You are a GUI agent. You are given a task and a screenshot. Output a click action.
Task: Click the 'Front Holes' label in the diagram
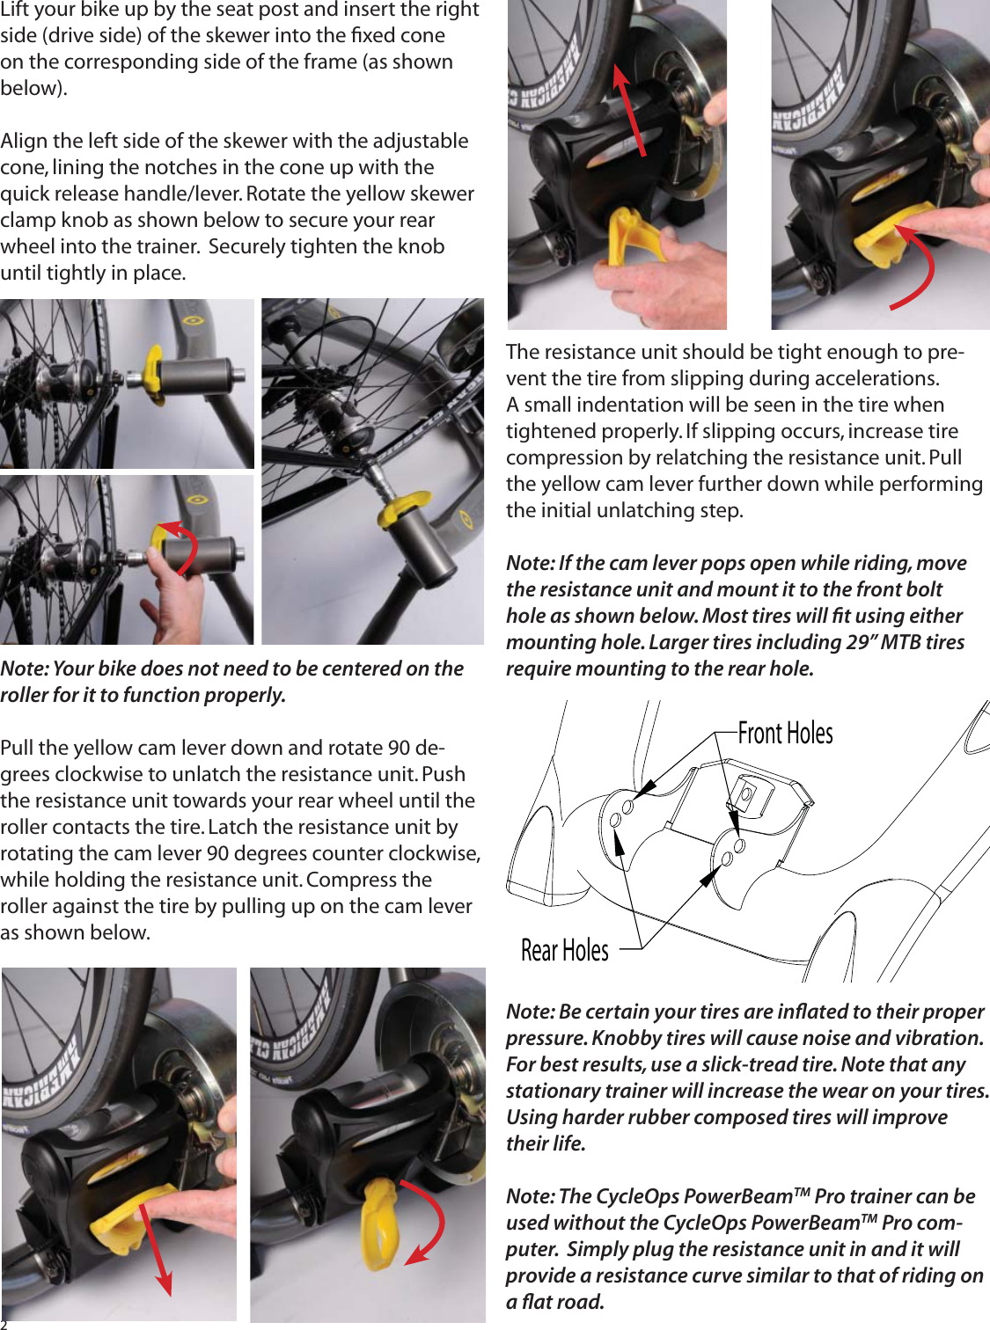[785, 733]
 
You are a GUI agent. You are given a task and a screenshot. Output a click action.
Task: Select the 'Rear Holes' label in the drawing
[565, 950]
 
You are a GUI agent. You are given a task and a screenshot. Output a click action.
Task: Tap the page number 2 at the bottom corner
[4, 1324]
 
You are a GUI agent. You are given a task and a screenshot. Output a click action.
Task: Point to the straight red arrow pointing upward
[630, 110]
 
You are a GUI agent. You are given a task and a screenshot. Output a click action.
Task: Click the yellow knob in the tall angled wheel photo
[402, 510]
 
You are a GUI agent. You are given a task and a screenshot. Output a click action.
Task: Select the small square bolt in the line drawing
[745, 794]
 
